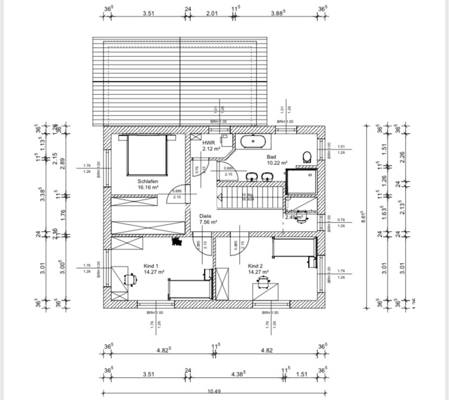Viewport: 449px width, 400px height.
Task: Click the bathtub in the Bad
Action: click(x=253, y=142)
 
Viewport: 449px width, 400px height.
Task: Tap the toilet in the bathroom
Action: click(x=307, y=157)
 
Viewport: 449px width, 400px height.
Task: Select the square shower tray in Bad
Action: click(x=302, y=181)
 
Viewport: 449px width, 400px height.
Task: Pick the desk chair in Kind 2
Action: click(x=264, y=281)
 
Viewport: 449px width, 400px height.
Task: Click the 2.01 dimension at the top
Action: click(x=211, y=15)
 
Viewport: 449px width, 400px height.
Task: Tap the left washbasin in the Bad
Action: click(x=253, y=176)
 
